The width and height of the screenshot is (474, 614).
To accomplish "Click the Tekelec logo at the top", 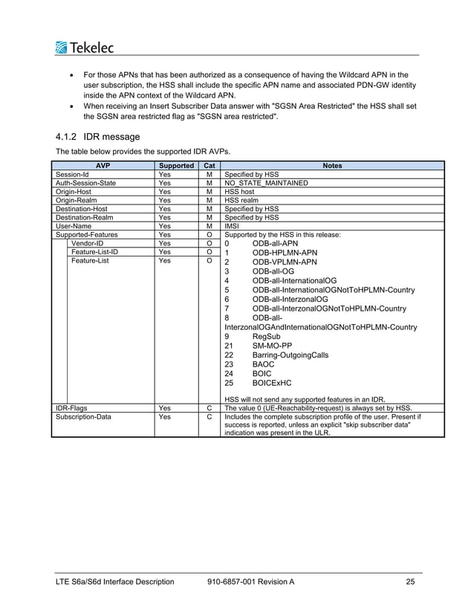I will click(x=85, y=48).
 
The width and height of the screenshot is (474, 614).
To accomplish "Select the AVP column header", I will click(x=103, y=166).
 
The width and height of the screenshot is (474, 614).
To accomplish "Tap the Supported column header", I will click(x=176, y=166).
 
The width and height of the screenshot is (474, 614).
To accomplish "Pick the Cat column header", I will click(x=210, y=166).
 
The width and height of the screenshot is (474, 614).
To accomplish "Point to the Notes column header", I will click(x=332, y=166).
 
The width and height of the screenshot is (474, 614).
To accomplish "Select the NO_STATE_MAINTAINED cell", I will click(x=266, y=183).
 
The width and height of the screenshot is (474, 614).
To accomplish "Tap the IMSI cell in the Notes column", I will click(x=233, y=226).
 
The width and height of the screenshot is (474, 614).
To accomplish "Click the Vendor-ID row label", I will click(x=88, y=243).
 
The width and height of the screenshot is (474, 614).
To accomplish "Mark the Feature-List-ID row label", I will click(x=94, y=252).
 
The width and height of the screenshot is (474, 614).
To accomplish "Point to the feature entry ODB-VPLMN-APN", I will click(x=284, y=262).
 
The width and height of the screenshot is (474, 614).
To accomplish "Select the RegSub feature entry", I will click(x=266, y=337).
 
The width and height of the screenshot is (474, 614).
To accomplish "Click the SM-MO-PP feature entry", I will click(x=272, y=346).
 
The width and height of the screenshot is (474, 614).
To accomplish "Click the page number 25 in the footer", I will click(x=410, y=581).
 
